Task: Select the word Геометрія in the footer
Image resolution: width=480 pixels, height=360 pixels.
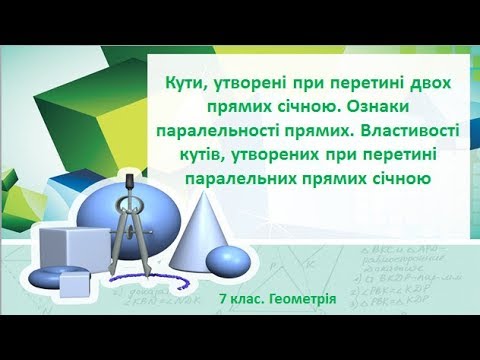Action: [x=299, y=298]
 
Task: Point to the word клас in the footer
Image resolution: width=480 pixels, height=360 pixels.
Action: [x=252, y=298]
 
